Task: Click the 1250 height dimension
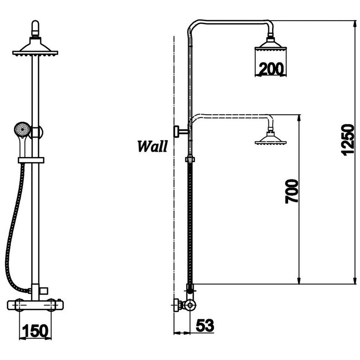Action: click(x=347, y=140)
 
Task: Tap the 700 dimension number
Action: click(x=292, y=190)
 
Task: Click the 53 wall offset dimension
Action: click(x=204, y=325)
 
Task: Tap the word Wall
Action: click(x=152, y=146)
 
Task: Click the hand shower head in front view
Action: click(x=21, y=129)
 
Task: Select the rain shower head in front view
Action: click(x=35, y=50)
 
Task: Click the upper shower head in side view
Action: click(x=270, y=48)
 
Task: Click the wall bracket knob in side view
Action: click(x=178, y=131)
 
